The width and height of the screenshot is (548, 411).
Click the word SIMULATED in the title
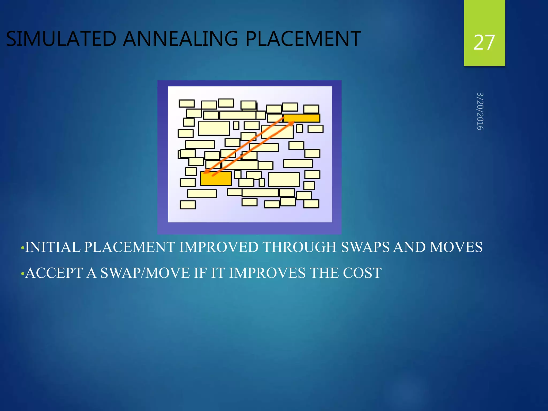[61, 39]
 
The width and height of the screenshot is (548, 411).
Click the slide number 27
[484, 43]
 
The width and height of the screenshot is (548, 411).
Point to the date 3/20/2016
[480, 111]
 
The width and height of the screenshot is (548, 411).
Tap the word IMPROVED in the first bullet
[218, 247]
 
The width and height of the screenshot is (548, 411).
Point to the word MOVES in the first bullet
[456, 247]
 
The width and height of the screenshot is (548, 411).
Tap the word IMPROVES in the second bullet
[267, 273]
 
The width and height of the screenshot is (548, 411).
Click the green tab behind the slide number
[484, 16]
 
